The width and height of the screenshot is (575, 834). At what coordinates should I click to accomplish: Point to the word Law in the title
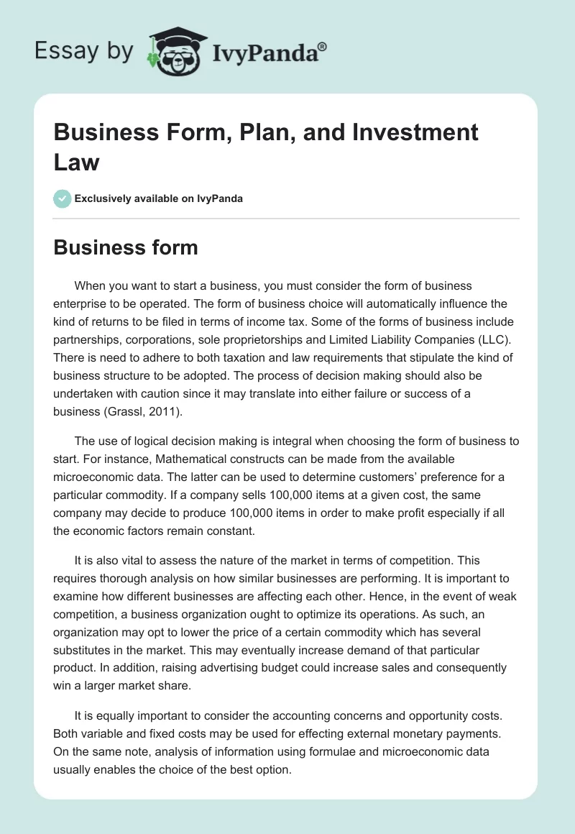[x=77, y=162]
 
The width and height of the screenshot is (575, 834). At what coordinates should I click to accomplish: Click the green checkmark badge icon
[x=63, y=198]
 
